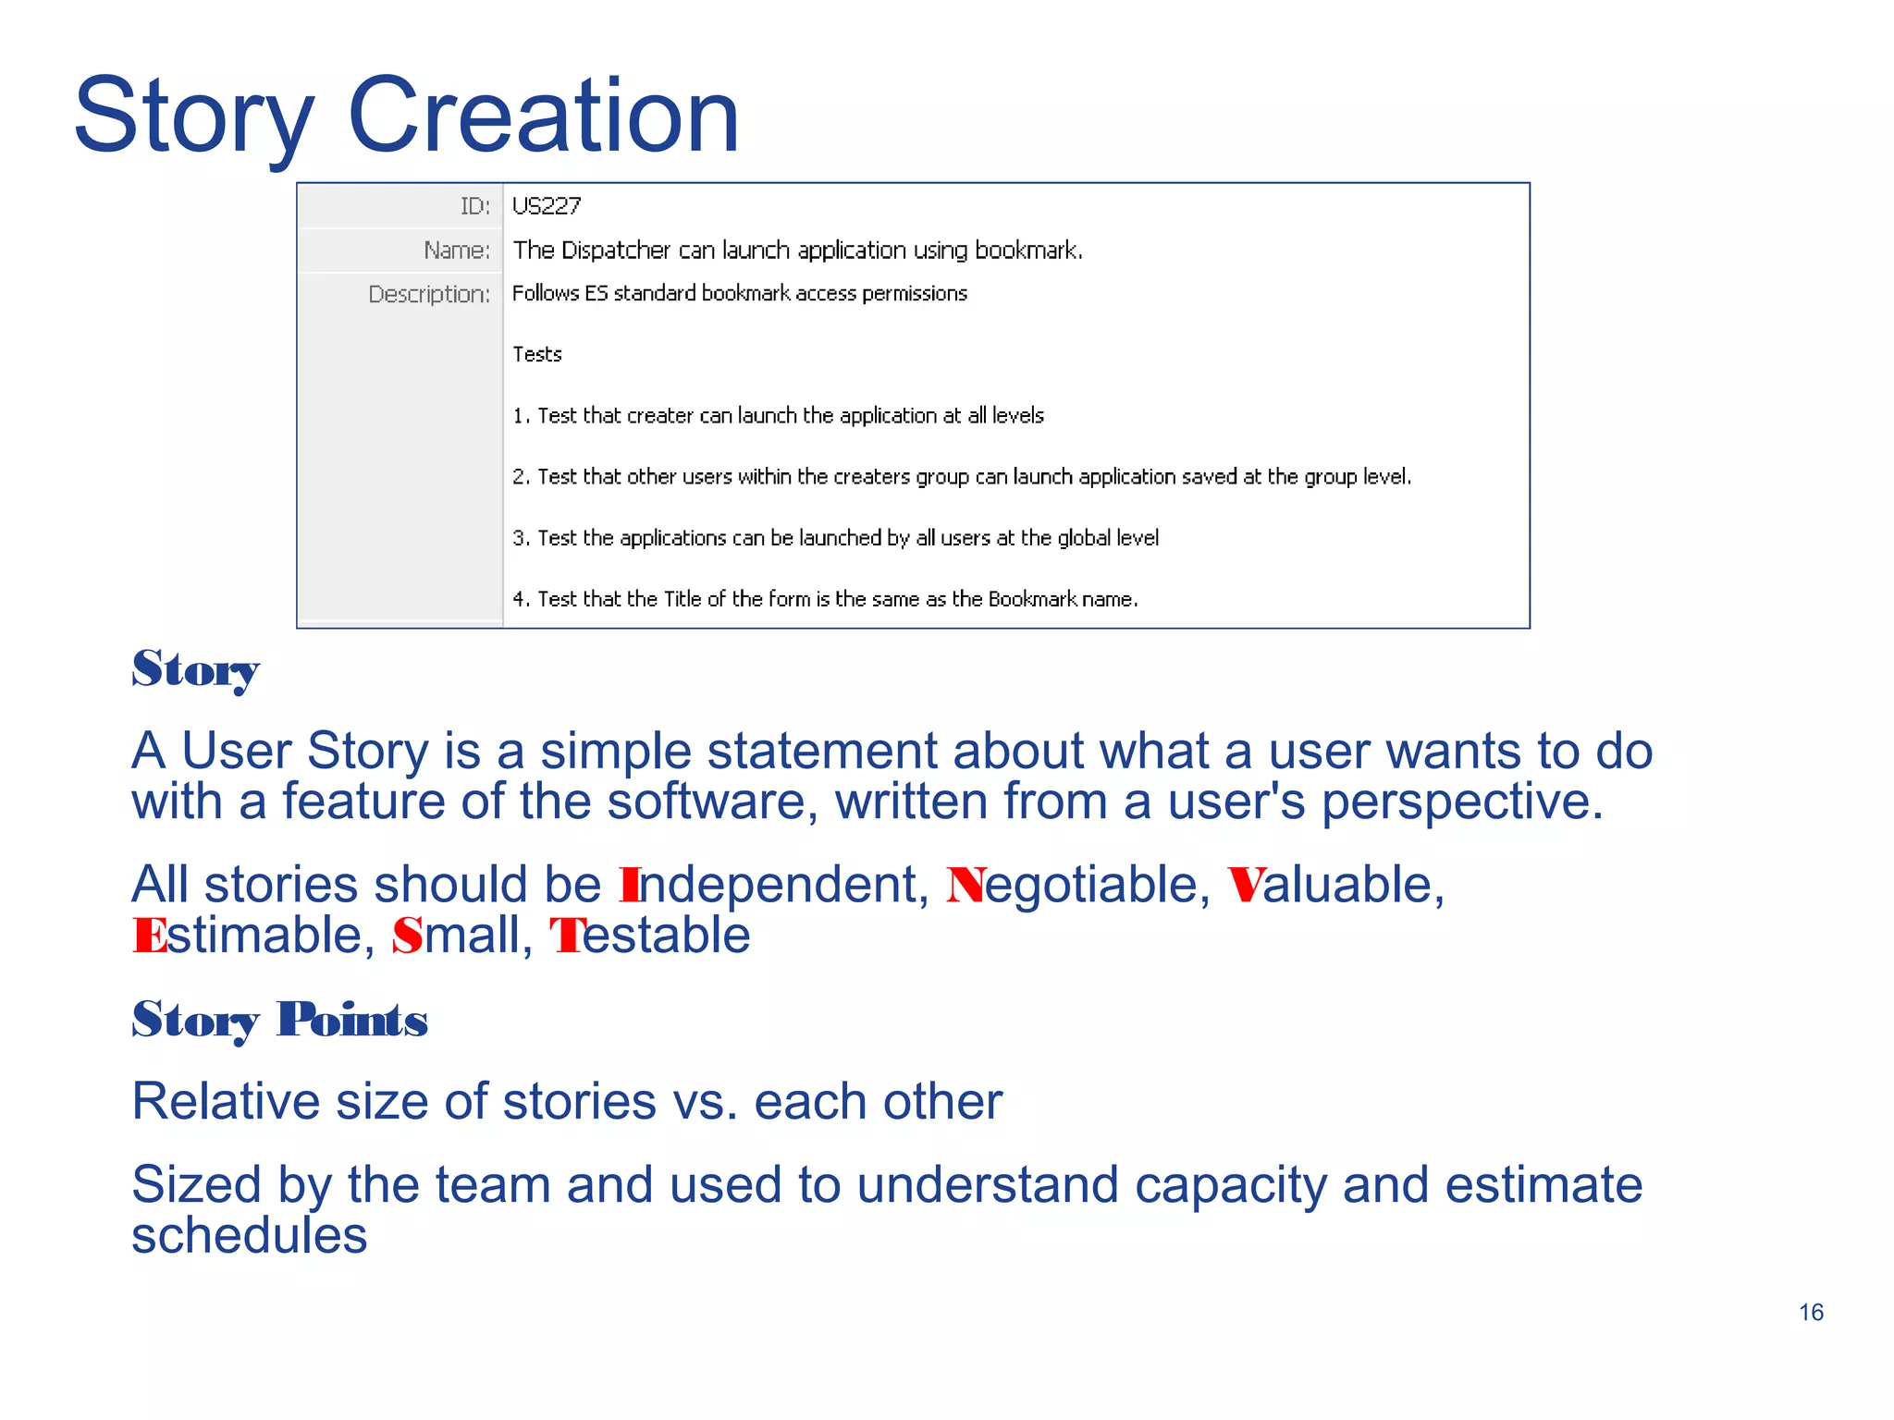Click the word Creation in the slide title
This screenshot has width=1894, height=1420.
pos(543,116)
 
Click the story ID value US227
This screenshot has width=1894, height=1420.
pos(547,206)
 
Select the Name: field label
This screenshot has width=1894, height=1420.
pos(457,251)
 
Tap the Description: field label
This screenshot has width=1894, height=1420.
pos(429,294)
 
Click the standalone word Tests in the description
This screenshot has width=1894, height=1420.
pos(537,355)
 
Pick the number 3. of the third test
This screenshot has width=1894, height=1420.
pos(521,538)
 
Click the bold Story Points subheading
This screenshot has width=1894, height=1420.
pos(279,1020)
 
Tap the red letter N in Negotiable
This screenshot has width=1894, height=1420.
pos(965,885)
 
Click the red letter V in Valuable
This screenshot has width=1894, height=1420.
pos(1245,885)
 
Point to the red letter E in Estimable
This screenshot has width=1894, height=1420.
pos(149,936)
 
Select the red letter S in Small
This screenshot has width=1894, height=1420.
pos(407,936)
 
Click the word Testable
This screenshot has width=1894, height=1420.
pos(650,936)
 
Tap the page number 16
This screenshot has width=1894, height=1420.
pos(1811,1312)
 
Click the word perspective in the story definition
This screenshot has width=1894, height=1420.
pos(1461,802)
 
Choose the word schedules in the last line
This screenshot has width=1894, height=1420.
pos(250,1236)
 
